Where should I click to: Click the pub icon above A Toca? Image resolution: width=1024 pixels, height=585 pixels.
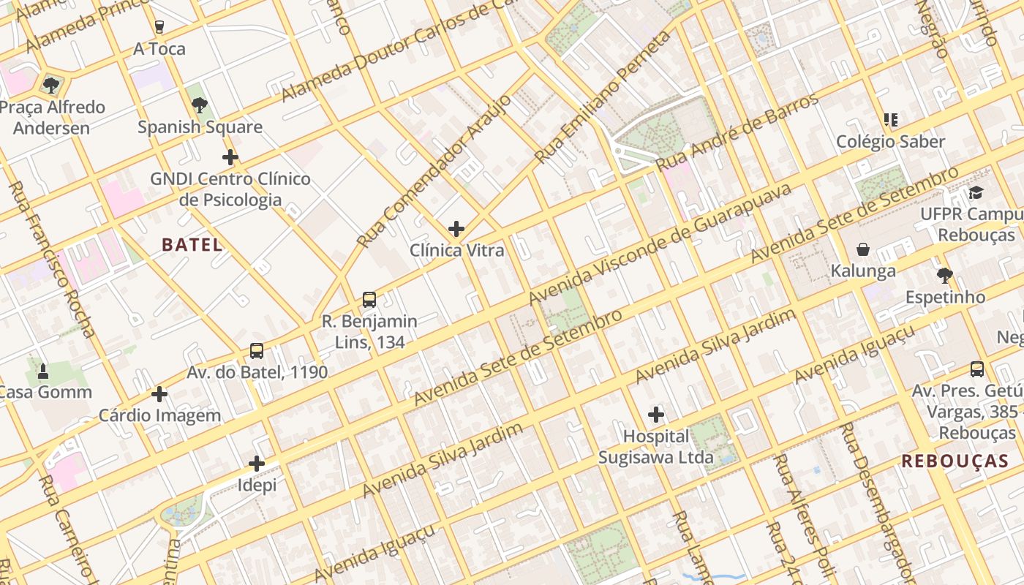[x=159, y=27]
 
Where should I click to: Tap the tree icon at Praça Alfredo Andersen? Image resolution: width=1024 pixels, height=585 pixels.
[x=51, y=86]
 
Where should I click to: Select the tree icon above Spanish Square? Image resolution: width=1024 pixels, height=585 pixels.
[x=199, y=105]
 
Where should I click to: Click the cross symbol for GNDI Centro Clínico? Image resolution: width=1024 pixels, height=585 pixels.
[x=230, y=157]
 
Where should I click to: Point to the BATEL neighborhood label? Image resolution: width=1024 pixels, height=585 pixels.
[x=192, y=245]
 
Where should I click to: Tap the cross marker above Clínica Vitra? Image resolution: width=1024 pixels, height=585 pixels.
[x=456, y=229]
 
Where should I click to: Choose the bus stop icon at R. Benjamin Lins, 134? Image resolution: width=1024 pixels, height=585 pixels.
[x=369, y=300]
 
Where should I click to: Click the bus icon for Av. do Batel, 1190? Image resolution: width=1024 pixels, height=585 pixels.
[x=257, y=351]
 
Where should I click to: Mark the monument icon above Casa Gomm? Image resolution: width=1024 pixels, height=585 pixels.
[x=43, y=371]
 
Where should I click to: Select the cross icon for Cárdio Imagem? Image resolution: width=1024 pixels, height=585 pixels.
[x=159, y=395]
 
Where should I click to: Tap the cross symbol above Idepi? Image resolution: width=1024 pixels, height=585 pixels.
[x=257, y=464]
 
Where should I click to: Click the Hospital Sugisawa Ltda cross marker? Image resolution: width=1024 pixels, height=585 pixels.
[x=656, y=415]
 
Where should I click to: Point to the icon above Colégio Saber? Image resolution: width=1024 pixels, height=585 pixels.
[x=890, y=120]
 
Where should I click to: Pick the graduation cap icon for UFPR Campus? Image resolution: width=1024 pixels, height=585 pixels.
[x=976, y=193]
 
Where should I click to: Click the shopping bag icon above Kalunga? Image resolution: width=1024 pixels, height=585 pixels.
[x=863, y=250]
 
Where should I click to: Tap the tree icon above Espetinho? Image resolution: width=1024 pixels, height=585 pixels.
[x=945, y=276]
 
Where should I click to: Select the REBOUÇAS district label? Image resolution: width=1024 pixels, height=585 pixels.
[x=955, y=461]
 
